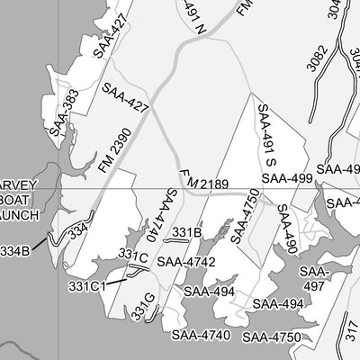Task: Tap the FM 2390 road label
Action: click(x=108, y=145)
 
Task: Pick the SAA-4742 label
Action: click(x=185, y=262)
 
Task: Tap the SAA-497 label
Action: click(x=314, y=278)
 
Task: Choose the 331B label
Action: click(x=186, y=233)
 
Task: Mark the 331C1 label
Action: click(x=88, y=286)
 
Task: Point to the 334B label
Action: click(x=15, y=249)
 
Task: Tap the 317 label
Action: click(x=349, y=335)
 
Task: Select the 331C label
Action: click(x=133, y=257)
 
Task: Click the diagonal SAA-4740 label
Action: click(x=154, y=219)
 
